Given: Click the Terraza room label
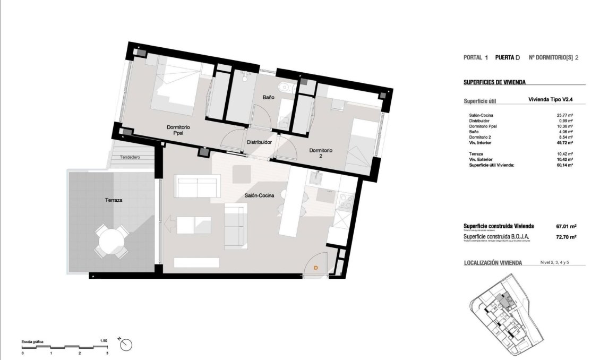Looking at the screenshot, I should coord(114,201).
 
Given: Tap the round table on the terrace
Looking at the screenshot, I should coord(112,242).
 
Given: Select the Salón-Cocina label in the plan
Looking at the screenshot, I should coord(259,196).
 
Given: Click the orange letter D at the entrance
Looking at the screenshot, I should coord(316,268).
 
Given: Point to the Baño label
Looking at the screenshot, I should coord(268,98).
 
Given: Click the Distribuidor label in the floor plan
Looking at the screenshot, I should coord(259,142).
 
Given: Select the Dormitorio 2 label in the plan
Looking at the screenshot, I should coord(321,153).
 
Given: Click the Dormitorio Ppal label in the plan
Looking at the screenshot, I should coord(178,131).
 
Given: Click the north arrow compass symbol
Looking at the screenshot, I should coord(126,344).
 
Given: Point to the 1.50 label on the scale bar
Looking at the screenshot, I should coord(104,341).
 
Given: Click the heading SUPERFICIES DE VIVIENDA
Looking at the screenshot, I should coord(494,82).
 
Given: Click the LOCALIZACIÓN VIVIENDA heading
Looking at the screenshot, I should coord(493,262).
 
